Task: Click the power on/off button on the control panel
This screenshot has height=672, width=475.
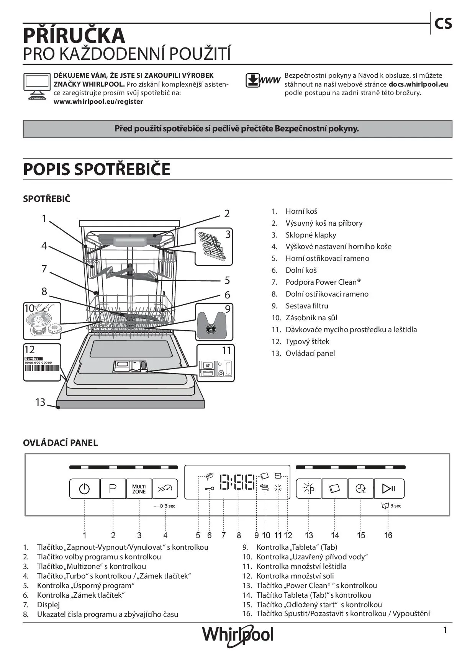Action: [x=84, y=488]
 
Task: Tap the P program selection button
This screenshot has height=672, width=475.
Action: [x=113, y=488]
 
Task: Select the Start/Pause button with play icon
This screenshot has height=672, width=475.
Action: [x=389, y=488]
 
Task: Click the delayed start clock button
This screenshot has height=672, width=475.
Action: [x=360, y=488]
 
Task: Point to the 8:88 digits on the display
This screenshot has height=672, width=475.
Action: [x=237, y=482]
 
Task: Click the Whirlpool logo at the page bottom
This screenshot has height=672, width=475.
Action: [x=238, y=635]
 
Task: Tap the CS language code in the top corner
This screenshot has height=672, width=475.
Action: [x=443, y=24]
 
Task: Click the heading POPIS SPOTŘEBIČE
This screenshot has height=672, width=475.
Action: [x=97, y=169]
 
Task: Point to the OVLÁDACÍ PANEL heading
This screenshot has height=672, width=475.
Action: [x=60, y=443]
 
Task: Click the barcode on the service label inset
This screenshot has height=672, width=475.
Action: [x=42, y=369]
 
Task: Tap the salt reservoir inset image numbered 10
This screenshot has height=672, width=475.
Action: [x=42, y=321]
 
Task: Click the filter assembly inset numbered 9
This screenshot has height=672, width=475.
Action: [x=215, y=322]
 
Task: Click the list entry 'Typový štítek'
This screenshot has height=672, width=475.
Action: [x=307, y=342]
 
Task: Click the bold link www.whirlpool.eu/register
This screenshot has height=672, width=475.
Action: [x=98, y=102]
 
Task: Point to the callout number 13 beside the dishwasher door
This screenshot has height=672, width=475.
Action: [x=40, y=402]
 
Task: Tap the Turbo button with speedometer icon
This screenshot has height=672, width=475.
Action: [x=165, y=488]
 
